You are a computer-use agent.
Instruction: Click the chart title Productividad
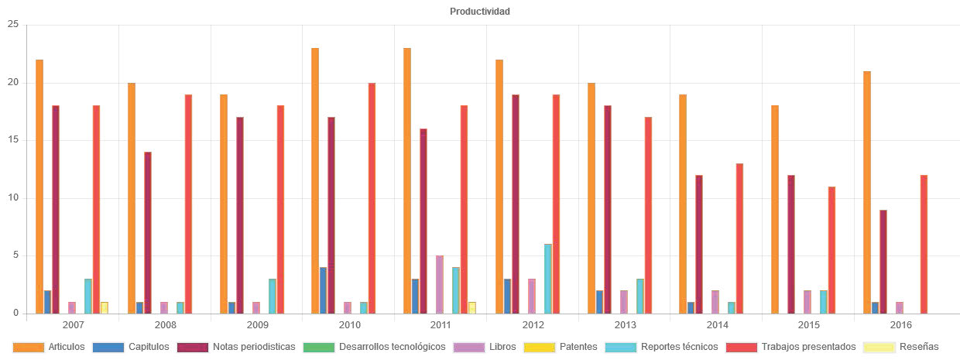click(x=479, y=12)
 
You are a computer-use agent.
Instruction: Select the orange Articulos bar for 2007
click(x=39, y=186)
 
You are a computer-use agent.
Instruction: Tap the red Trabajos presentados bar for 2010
click(x=372, y=197)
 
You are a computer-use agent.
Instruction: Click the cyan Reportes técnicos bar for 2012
click(x=548, y=279)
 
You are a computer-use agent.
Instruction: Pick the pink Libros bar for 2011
click(x=440, y=284)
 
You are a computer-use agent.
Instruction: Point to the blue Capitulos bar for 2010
click(x=324, y=290)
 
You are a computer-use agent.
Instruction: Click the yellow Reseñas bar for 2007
click(x=105, y=307)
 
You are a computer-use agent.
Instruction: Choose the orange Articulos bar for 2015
click(x=775, y=209)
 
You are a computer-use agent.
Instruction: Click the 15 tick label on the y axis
click(x=12, y=140)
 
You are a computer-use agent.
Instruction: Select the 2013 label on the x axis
click(x=624, y=326)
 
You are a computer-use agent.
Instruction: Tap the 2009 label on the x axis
click(x=256, y=326)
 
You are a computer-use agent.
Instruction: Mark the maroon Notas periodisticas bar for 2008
click(x=148, y=232)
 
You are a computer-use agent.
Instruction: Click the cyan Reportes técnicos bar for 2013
click(x=640, y=296)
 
